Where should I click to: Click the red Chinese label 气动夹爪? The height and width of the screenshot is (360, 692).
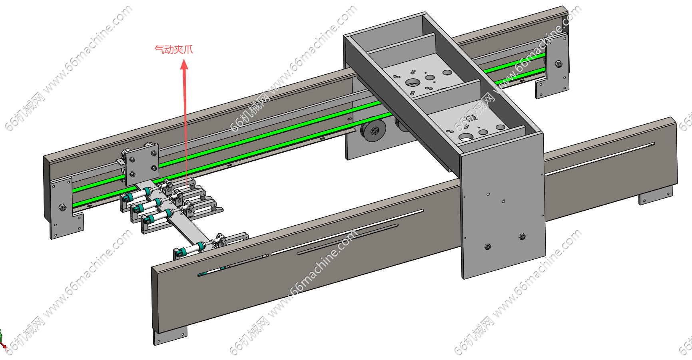[173, 50]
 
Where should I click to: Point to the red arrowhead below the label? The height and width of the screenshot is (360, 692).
[184, 65]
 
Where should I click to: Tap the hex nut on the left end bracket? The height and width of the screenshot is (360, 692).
[62, 207]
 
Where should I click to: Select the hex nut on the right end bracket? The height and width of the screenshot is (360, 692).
[558, 64]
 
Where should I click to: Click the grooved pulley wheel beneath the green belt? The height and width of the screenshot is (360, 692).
[373, 131]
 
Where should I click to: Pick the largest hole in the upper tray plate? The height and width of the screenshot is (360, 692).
[413, 83]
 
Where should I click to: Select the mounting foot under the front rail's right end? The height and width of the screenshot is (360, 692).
[655, 197]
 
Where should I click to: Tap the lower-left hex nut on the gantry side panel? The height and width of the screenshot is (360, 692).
[487, 246]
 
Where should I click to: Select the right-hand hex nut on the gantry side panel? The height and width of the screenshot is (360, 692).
[522, 237]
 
